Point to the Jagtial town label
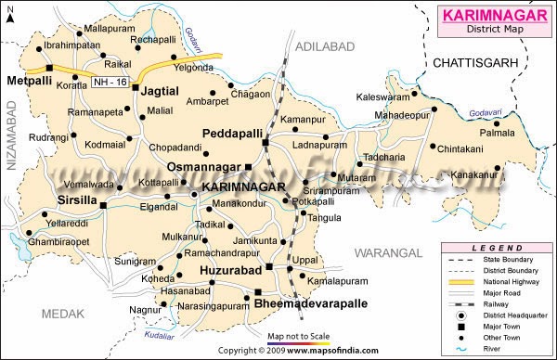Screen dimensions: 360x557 point(161,89)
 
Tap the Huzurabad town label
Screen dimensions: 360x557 point(229,270)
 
